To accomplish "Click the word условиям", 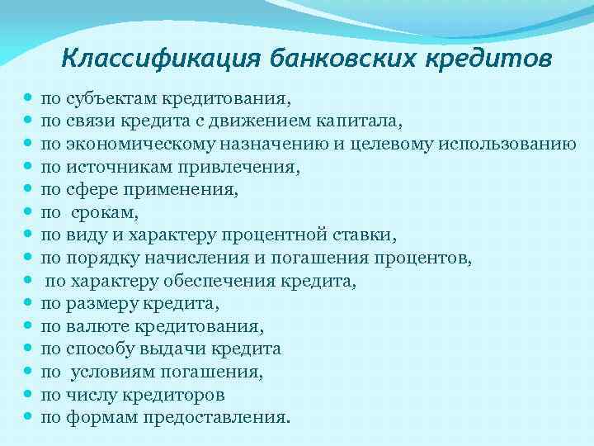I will pos(107,372).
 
